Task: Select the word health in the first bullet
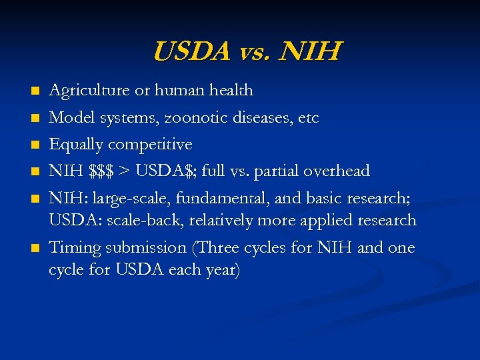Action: [228, 90]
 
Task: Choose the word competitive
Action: [150, 145]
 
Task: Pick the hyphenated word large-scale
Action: [131, 199]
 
